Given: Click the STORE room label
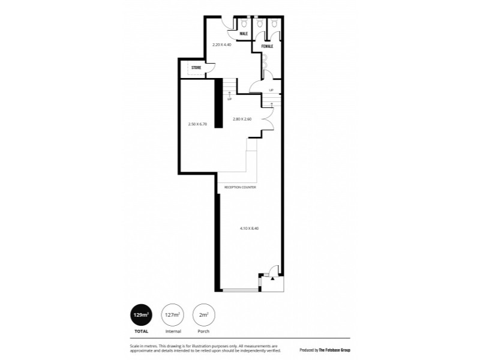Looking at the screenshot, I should pos(196,68).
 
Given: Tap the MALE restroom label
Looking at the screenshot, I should pos(244,34).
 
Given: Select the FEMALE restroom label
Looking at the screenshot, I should pos(266,46).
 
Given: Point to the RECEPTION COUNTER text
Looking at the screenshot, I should pos(240,187).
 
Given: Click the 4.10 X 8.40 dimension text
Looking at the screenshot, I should pos(249,228).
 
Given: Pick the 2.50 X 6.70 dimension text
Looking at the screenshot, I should pos(197,124).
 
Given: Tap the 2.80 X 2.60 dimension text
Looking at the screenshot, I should pos(242,119).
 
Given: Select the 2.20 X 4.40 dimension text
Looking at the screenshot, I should pos(222,44).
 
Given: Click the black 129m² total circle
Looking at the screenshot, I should pos(141,314).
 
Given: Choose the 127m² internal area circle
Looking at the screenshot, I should pos(172,314).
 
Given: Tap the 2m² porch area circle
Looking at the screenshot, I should pos(203,314).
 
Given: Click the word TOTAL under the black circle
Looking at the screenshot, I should pos(141,331).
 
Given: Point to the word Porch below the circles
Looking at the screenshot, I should pos(203,331).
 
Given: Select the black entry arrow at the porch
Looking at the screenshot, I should pos(272,278).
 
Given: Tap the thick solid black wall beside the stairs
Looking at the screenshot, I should pos(219,103).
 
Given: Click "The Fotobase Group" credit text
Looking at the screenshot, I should pos(329,349).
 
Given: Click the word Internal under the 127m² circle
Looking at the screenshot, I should pos(172,331).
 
